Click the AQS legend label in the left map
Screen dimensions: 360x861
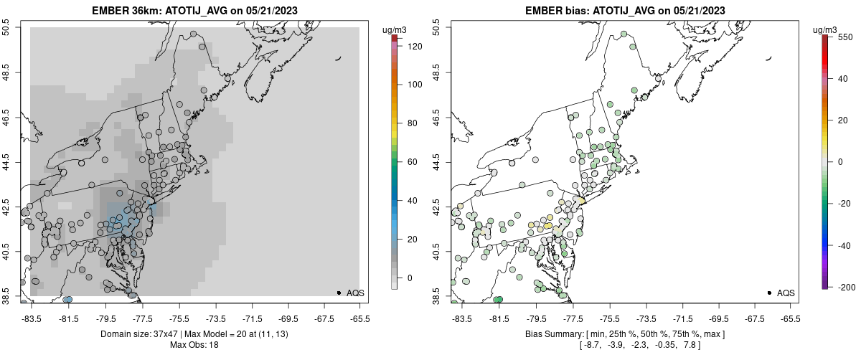pos(355,293)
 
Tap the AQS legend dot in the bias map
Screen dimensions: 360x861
pos(769,293)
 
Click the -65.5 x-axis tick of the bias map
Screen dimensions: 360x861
pos(791,318)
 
